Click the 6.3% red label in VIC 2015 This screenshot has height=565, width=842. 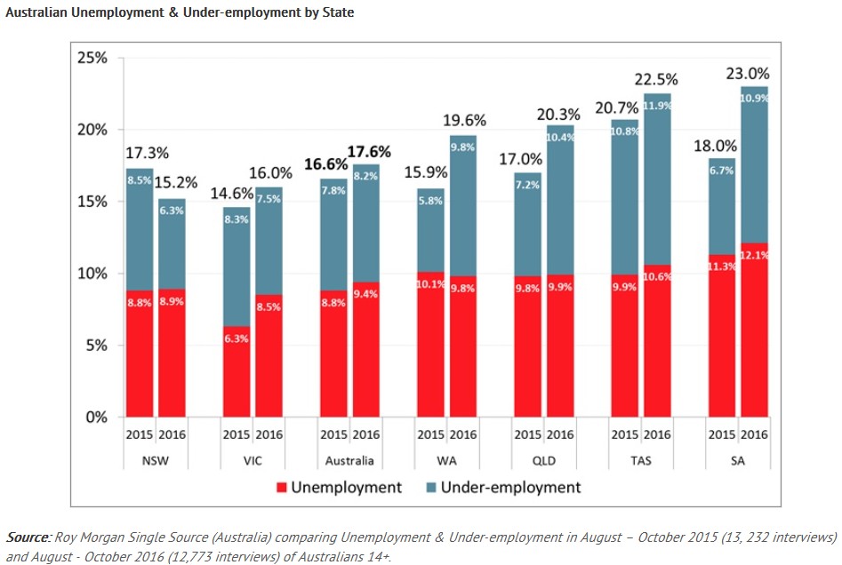tap(236, 338)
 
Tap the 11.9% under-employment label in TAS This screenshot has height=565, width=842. tap(658, 106)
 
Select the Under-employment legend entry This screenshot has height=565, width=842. tap(510, 488)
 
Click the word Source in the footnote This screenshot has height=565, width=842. tap(28, 537)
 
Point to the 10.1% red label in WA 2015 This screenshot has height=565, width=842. tap(430, 285)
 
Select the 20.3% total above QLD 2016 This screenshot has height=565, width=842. tap(558, 114)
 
